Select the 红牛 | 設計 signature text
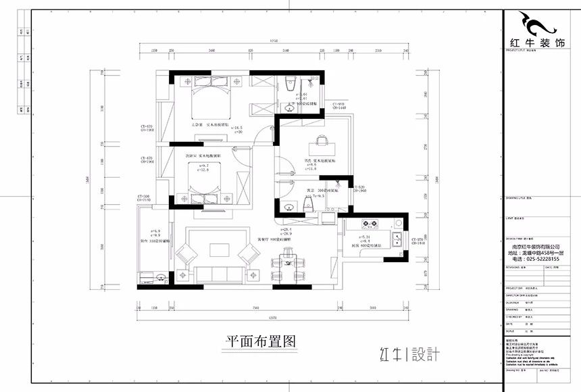[409, 353]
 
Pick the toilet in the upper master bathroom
[290, 83]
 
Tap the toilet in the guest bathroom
[309, 208]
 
